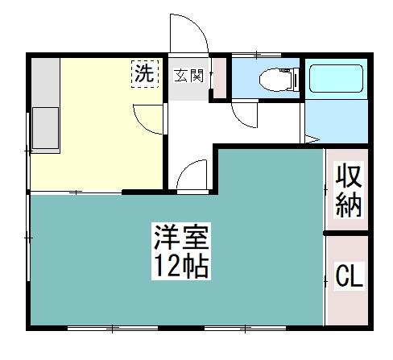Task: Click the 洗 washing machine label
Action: [x=144, y=73]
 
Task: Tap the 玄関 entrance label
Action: [x=189, y=76]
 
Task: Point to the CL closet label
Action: [x=349, y=275]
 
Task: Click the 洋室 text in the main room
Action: [x=181, y=237]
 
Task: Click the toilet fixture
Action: [x=279, y=79]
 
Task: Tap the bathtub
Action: [x=336, y=78]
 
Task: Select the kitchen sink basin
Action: [x=46, y=128]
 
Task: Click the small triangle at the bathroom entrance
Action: [x=312, y=139]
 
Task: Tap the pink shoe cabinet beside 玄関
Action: [x=220, y=78]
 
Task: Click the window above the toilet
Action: [x=256, y=55]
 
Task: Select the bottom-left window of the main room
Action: [x=113, y=328]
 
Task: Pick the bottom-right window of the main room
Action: [x=246, y=328]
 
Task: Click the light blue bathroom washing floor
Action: [x=337, y=122]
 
